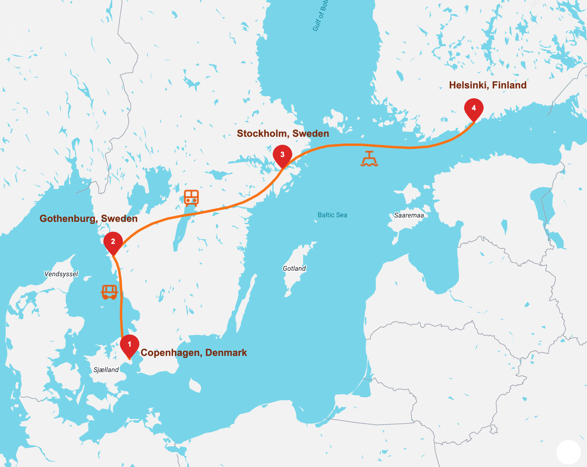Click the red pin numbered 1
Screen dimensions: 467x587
point(130,345)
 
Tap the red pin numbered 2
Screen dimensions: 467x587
point(113,242)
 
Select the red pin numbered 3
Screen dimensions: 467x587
point(282,155)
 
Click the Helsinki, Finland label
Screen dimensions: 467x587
point(488,85)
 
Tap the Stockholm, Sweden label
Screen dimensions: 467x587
point(283,133)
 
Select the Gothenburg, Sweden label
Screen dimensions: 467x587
point(88,219)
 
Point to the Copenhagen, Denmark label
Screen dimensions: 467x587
point(194,353)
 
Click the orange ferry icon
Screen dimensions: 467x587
point(369,159)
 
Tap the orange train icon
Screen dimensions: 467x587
point(191,198)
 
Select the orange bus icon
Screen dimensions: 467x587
point(109,292)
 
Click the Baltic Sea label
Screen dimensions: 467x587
point(332,215)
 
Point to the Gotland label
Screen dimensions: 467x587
point(294,268)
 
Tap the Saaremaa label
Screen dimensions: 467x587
point(409,215)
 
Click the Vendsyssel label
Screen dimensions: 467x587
point(61,274)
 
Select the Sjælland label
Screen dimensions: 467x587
point(106,370)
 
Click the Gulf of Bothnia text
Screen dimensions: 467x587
point(320,15)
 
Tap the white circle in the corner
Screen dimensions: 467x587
point(568,452)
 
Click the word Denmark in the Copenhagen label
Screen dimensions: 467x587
point(226,353)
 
